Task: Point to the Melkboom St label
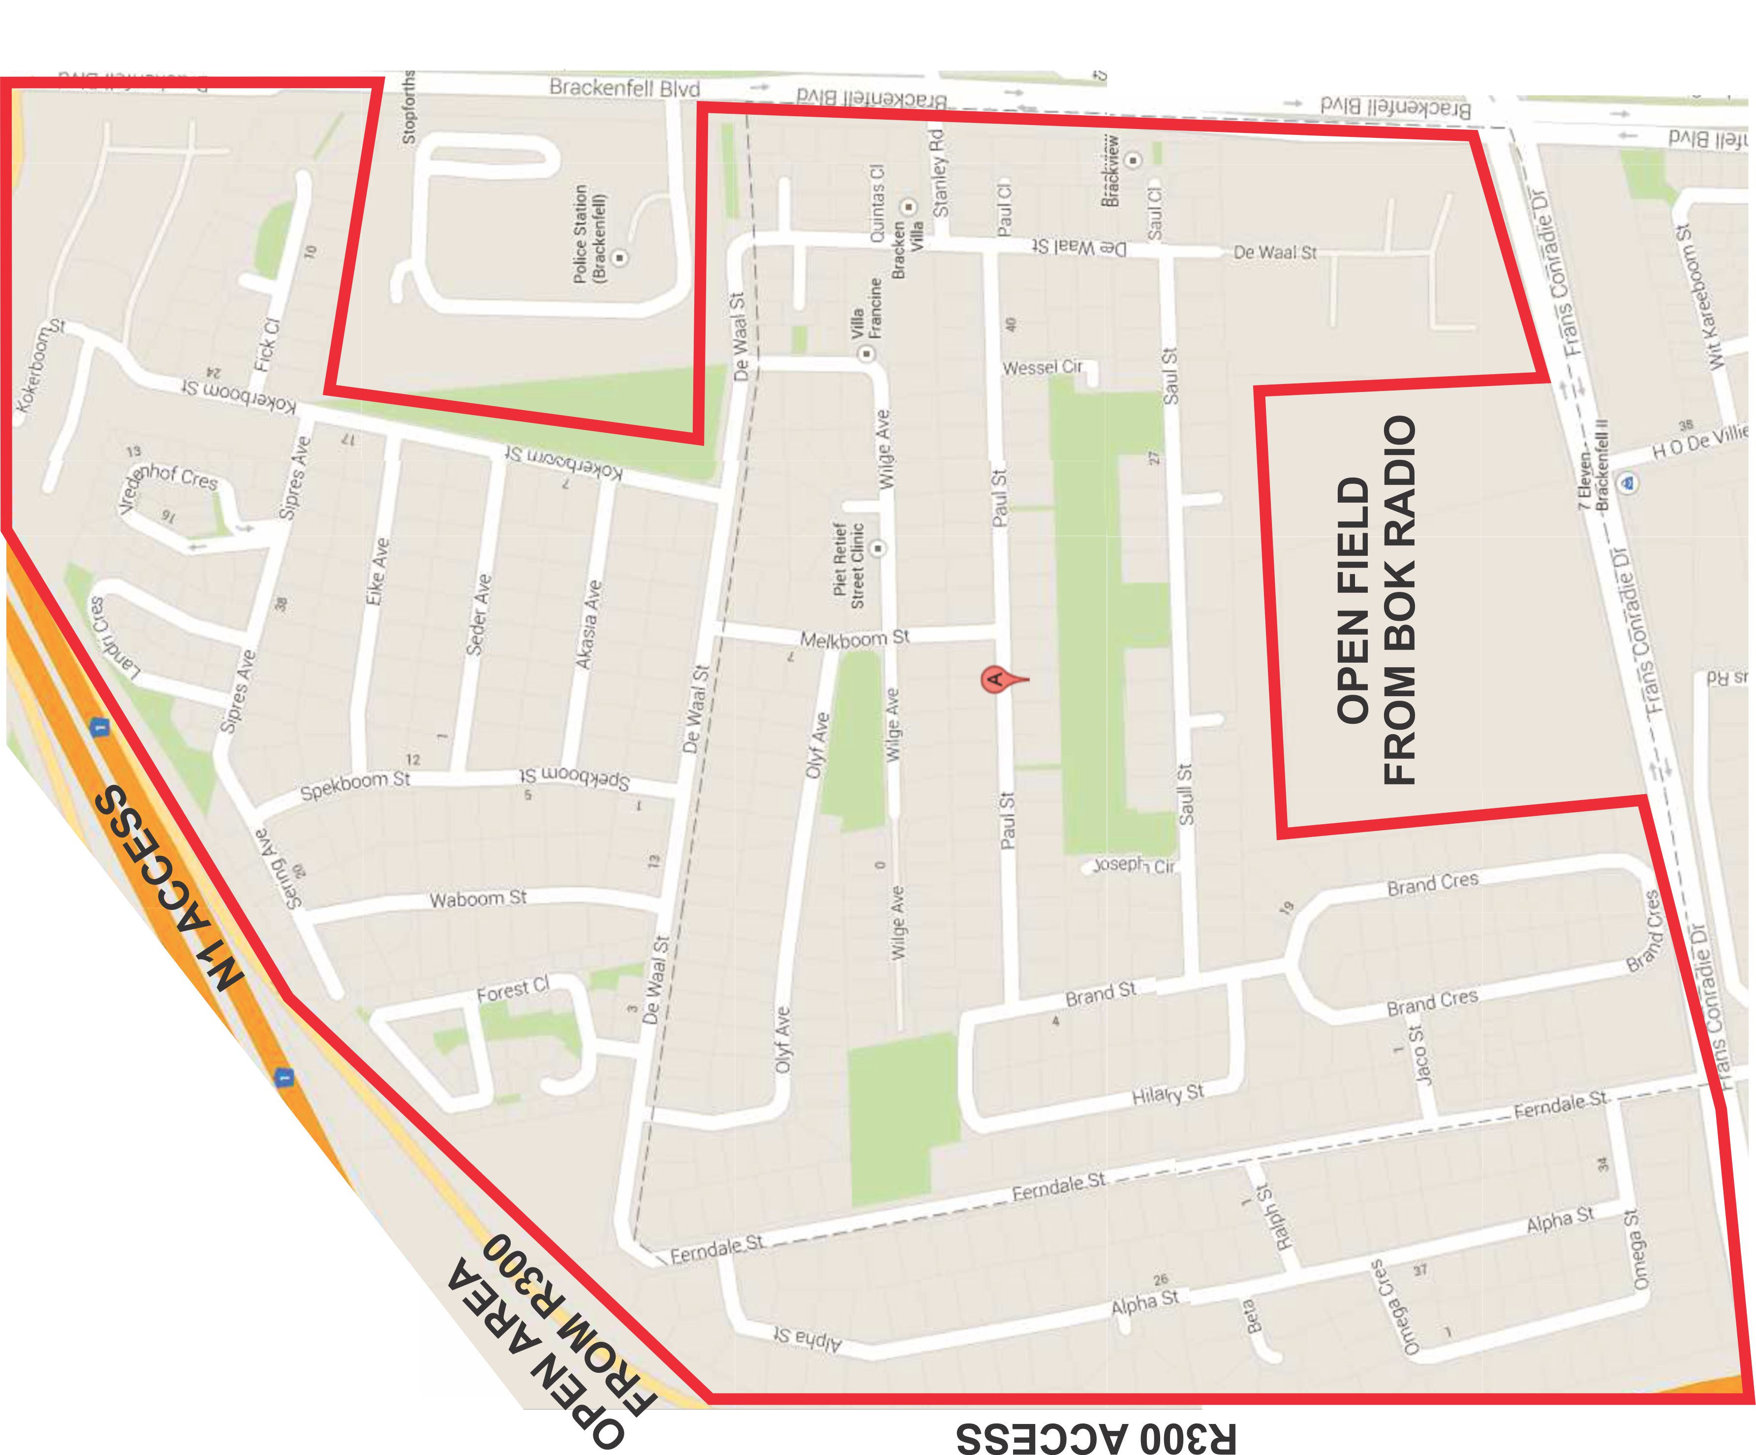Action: coord(854,639)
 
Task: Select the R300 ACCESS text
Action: coord(1095,1437)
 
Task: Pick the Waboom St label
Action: coord(478,900)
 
